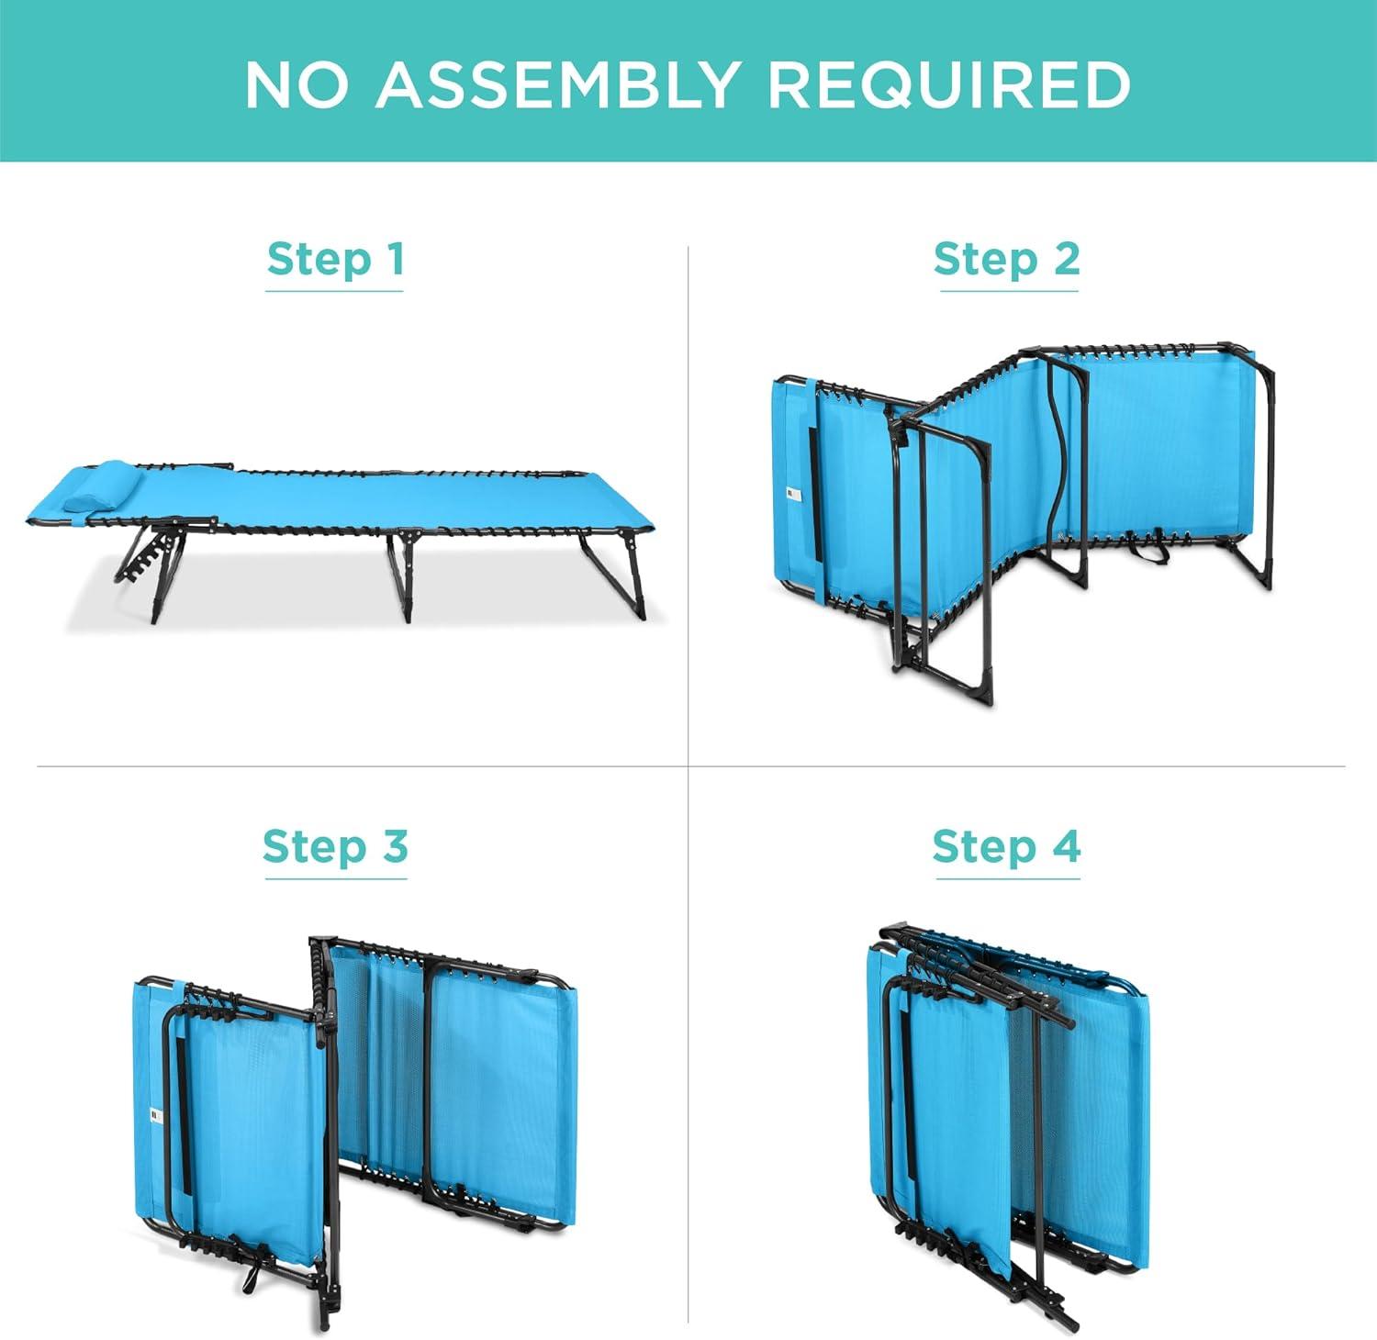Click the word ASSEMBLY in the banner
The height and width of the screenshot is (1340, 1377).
(557, 84)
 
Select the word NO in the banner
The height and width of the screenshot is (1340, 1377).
(297, 84)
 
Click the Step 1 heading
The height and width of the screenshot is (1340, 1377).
(335, 259)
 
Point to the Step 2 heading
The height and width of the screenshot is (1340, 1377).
(1007, 259)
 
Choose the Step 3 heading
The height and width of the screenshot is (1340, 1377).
(335, 846)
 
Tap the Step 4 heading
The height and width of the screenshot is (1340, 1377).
(1007, 846)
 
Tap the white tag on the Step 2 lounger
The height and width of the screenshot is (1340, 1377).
(795, 495)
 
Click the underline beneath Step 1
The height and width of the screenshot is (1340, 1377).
(334, 291)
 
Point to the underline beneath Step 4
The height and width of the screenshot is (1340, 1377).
(1007, 878)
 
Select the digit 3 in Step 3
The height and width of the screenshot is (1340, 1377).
(396, 846)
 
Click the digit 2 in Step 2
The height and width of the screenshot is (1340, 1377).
(1067, 259)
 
